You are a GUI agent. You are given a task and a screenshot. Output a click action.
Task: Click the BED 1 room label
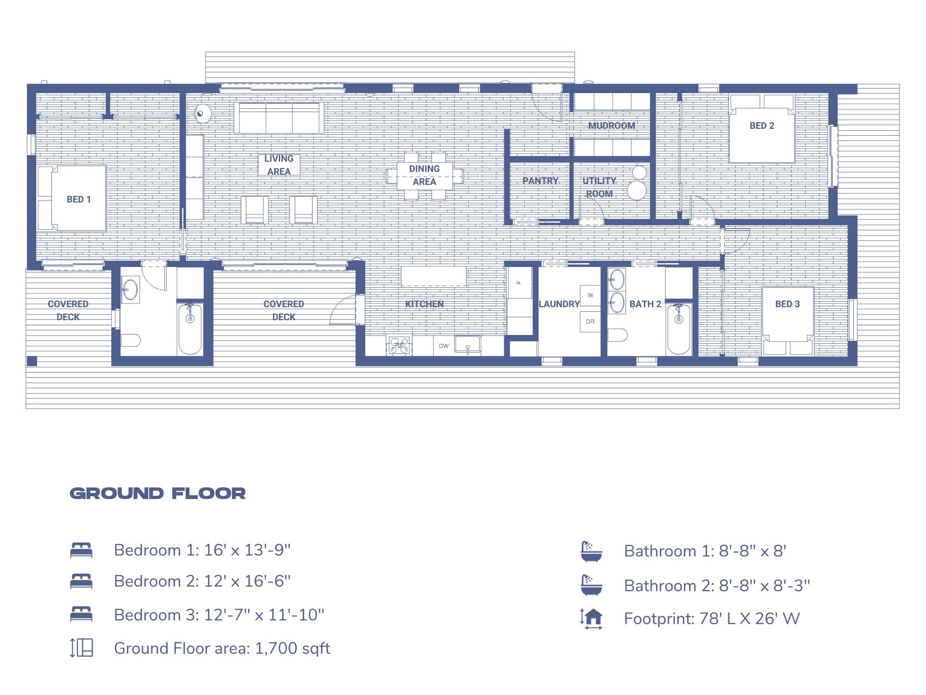[79, 199]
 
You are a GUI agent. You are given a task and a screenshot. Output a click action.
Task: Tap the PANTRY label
[540, 181]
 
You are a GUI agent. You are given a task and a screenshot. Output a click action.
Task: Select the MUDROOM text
[612, 126]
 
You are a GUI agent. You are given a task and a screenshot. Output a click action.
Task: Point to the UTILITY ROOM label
[599, 187]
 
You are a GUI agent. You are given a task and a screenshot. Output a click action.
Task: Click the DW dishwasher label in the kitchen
[444, 346]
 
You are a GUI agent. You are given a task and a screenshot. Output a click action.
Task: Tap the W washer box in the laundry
[590, 295]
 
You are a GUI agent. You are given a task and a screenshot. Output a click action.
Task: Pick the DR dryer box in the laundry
[590, 322]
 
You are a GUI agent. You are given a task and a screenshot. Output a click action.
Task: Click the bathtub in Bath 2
[679, 329]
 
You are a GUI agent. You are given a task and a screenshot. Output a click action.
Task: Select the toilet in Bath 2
[617, 335]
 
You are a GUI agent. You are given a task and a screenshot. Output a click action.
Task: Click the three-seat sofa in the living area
[279, 118]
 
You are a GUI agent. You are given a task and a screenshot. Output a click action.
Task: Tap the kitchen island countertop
[433, 276]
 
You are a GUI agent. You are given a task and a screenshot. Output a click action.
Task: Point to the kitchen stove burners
[399, 346]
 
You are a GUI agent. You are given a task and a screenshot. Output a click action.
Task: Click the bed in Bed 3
[788, 320]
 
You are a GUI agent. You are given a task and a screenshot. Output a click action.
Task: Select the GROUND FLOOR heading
[157, 493]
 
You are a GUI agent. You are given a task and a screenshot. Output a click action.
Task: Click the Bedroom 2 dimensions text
[202, 581]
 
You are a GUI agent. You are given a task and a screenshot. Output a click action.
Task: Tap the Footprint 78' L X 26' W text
[712, 619]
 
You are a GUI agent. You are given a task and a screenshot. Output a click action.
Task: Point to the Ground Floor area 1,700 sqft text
[222, 648]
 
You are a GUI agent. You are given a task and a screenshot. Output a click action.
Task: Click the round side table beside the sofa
[202, 114]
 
